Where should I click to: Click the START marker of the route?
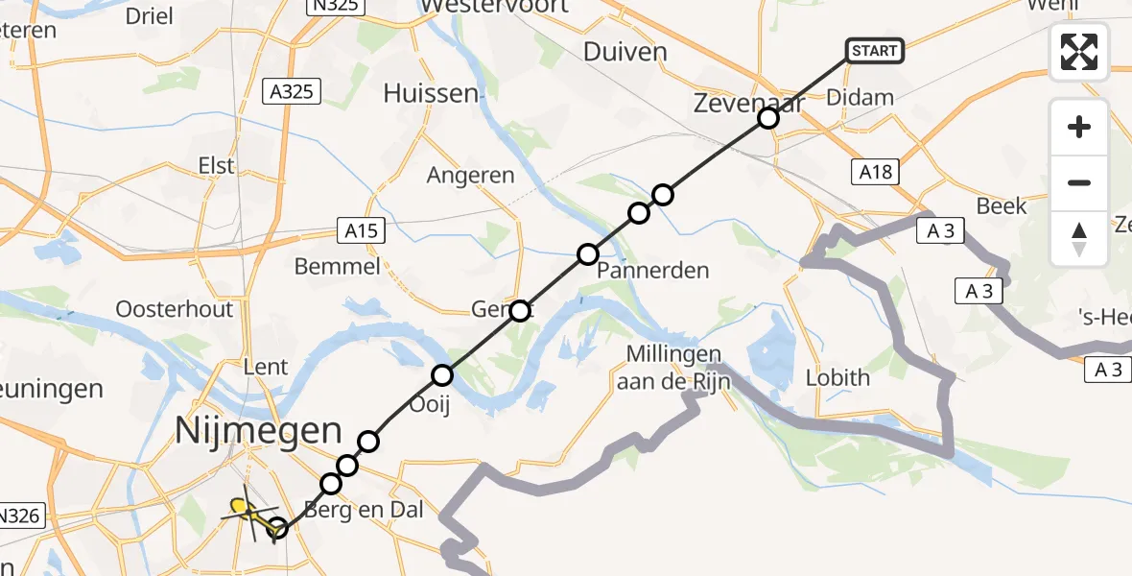[x=874, y=51]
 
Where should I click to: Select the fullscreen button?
[x=1079, y=52]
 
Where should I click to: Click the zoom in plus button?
[x=1079, y=127]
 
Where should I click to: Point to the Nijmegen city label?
[x=258, y=431]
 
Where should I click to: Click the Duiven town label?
[x=625, y=51]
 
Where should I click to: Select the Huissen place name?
[x=431, y=93]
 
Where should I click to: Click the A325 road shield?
[x=292, y=92]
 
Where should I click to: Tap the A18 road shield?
[x=873, y=172]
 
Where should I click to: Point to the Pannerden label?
[x=653, y=270]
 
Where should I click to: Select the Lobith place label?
[x=837, y=377]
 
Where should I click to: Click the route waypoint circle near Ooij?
[x=442, y=375]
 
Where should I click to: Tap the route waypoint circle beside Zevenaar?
[x=767, y=118]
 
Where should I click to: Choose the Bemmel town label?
[x=338, y=266]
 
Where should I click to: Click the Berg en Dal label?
[x=364, y=510]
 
